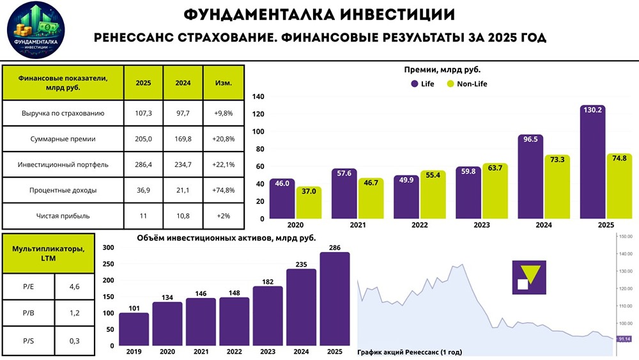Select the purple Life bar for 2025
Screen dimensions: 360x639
(592, 163)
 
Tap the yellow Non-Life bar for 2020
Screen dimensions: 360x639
(309, 203)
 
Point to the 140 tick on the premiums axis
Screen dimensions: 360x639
(258, 97)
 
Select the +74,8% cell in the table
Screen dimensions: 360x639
(223, 190)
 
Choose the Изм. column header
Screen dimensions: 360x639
(223, 83)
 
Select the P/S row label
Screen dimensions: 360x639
(28, 341)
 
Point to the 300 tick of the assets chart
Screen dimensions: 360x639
(108, 247)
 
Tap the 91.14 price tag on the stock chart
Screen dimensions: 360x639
(624, 338)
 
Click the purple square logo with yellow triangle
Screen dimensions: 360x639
(529, 277)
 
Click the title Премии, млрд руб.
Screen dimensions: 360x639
(442, 70)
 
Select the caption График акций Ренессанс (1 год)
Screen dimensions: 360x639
(409, 352)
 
